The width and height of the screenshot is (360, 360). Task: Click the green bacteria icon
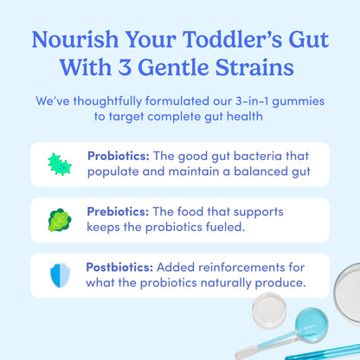click(60, 164)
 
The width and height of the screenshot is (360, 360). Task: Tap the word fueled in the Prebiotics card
click(218, 227)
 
